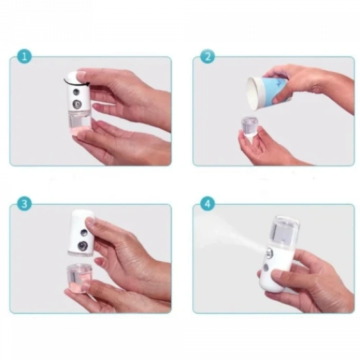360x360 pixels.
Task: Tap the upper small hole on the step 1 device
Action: (x=76, y=93)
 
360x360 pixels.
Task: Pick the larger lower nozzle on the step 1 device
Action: (x=77, y=104)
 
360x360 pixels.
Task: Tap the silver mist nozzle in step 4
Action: (x=268, y=253)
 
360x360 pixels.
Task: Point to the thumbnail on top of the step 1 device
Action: (x=79, y=76)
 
